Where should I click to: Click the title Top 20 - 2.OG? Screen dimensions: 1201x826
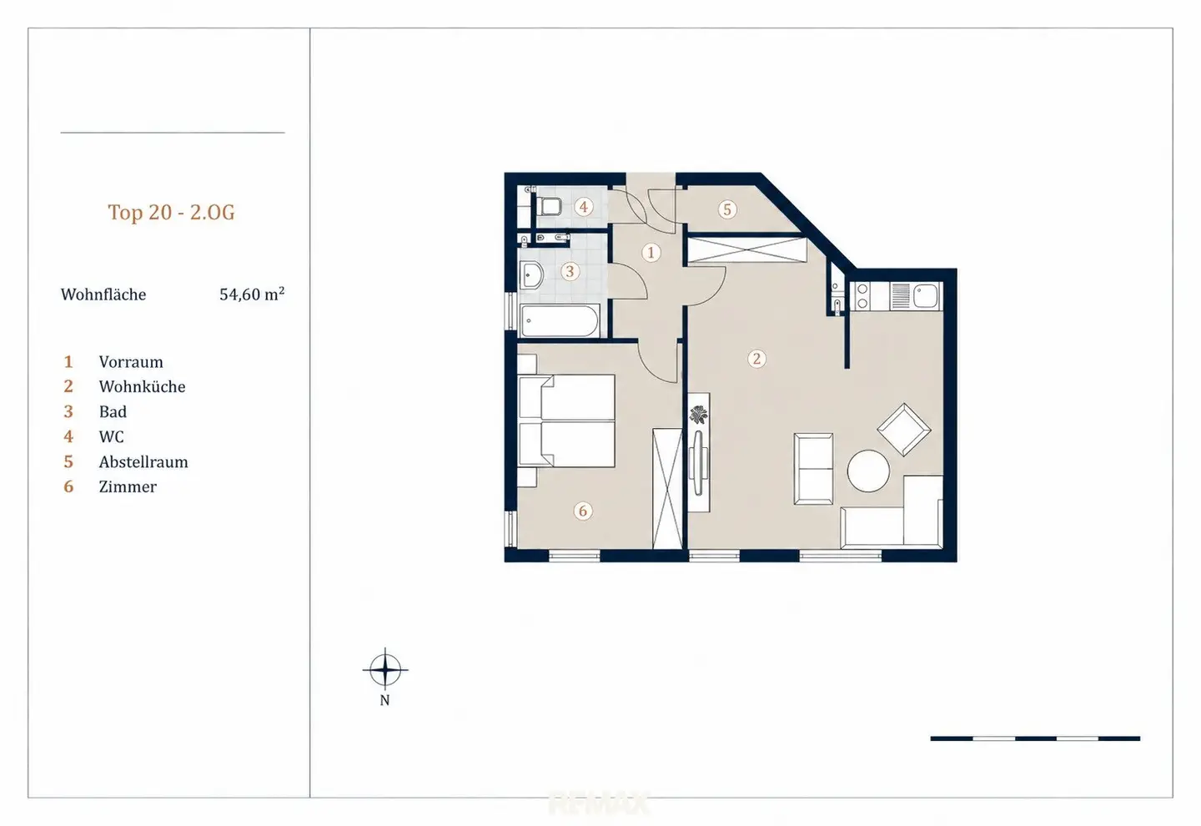[172, 212]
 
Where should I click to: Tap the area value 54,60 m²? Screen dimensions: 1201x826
[252, 294]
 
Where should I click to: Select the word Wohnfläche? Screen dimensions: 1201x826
[103, 295]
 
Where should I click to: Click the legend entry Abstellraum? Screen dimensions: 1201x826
[143, 462]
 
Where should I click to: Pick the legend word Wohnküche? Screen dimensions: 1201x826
[142, 386]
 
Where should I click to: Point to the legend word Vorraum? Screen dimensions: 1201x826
[131, 361]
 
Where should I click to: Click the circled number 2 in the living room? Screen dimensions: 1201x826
[756, 358]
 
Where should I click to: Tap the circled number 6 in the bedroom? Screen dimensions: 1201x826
[583, 511]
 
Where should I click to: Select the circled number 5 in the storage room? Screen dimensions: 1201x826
[727, 209]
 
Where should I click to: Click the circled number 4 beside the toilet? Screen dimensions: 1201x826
[583, 207]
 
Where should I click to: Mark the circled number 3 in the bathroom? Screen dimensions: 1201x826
[570, 271]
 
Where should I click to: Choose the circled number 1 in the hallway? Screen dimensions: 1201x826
[651, 252]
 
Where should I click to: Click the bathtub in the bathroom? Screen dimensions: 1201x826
[560, 320]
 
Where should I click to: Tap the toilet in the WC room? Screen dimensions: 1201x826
[550, 207]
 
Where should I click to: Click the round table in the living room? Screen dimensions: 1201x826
[868, 471]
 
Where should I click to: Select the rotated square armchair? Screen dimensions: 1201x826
[904, 430]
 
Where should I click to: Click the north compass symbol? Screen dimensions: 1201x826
[385, 670]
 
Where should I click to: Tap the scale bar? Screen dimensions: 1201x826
[1035, 738]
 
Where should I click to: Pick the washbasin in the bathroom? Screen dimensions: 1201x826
[532, 275]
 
